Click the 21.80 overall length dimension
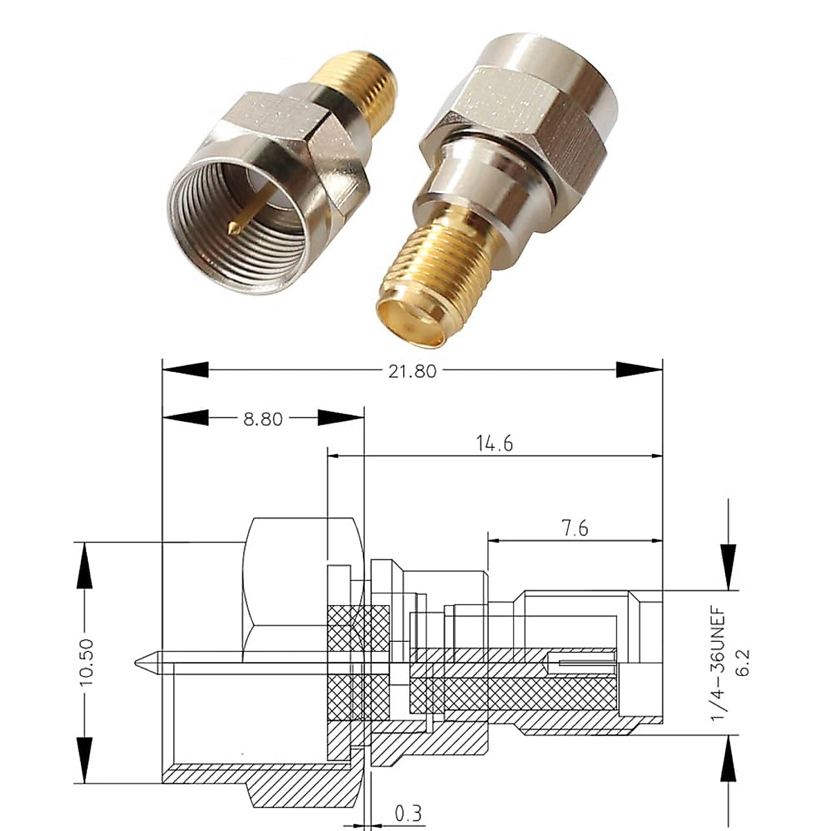click(x=412, y=371)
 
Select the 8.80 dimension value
click(x=263, y=419)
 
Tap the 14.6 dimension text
click(x=494, y=444)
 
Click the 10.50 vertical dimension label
click(x=87, y=663)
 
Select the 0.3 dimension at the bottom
click(x=408, y=812)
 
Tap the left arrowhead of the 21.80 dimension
click(x=184, y=369)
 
